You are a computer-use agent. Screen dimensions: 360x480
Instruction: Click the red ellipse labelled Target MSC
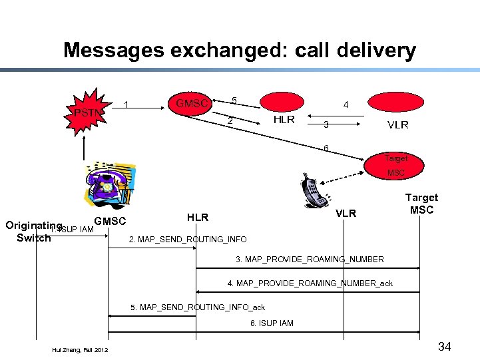[x=395, y=165]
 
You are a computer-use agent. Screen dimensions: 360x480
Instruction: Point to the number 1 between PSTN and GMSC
[x=127, y=104]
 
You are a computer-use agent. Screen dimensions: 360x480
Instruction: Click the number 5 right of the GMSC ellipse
[x=234, y=100]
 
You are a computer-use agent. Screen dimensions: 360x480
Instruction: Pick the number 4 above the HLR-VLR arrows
[x=345, y=104]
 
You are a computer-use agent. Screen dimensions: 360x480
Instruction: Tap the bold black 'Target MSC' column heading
[x=421, y=204]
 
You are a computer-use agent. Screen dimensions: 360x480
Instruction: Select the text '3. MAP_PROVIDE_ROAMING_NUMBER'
[x=310, y=259]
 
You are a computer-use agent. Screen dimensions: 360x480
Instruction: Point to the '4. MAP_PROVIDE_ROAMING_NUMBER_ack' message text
[x=310, y=283]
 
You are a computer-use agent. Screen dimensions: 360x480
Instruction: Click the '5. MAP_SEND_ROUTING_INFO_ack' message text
[x=198, y=307]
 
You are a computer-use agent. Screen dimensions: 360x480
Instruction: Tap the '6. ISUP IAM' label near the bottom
[x=271, y=323]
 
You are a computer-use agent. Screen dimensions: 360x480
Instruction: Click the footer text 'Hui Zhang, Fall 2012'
[x=80, y=349]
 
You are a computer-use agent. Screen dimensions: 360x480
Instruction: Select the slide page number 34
[x=445, y=346]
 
